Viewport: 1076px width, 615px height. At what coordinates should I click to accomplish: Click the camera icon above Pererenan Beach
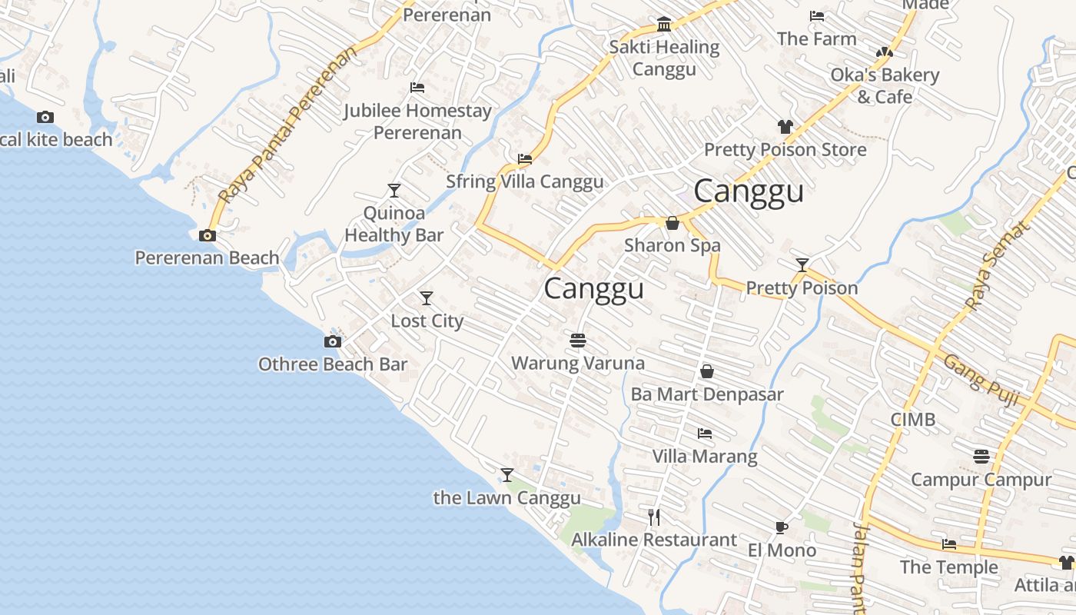(x=207, y=236)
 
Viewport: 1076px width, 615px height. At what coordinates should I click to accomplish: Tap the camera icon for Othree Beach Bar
(x=332, y=342)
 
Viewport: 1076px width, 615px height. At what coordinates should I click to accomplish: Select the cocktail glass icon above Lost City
(x=427, y=298)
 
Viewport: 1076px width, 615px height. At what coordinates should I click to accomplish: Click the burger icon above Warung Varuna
(x=578, y=340)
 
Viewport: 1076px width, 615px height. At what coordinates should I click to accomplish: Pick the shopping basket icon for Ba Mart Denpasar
(x=707, y=372)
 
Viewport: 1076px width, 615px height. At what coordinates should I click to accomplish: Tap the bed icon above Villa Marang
(x=704, y=434)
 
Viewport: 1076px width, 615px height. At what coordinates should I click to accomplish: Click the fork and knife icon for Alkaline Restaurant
(x=654, y=517)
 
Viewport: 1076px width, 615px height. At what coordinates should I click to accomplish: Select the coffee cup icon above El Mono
(x=782, y=527)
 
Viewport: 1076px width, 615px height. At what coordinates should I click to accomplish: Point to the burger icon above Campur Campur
(x=981, y=457)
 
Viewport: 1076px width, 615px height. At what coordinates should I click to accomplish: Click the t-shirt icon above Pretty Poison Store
(x=785, y=127)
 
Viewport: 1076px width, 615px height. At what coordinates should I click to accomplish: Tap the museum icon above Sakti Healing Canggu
(x=664, y=25)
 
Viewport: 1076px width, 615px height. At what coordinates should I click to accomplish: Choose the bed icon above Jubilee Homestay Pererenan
(x=417, y=88)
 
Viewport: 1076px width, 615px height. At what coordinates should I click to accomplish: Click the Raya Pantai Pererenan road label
(x=288, y=127)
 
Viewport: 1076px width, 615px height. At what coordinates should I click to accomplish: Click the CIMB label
(x=913, y=420)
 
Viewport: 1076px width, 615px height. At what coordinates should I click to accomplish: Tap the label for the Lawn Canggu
(x=506, y=498)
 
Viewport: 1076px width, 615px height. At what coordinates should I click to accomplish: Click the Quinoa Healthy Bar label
(x=394, y=224)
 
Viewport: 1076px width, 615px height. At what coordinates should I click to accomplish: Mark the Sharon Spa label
(x=672, y=245)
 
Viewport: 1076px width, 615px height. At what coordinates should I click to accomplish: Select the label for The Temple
(x=949, y=567)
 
